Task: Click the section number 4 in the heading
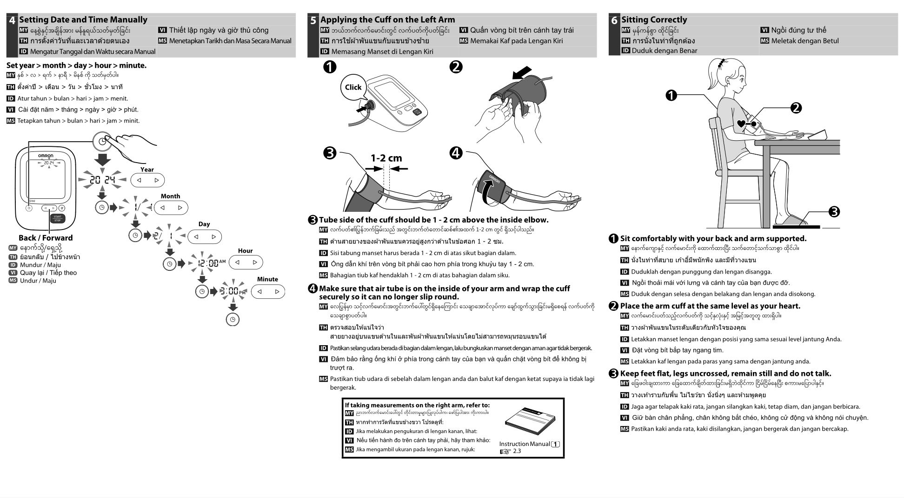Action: (x=12, y=20)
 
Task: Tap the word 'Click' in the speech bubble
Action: (x=353, y=87)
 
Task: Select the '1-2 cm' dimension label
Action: (x=386, y=158)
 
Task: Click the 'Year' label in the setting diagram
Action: (x=147, y=170)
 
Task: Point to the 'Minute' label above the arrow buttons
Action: (x=267, y=279)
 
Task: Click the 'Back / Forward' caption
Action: (x=46, y=238)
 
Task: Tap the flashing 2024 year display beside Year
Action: (x=102, y=179)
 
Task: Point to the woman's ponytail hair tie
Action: (x=721, y=62)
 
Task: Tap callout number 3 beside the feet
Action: (x=834, y=212)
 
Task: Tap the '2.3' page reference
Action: (x=517, y=451)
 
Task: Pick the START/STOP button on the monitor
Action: (x=57, y=218)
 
